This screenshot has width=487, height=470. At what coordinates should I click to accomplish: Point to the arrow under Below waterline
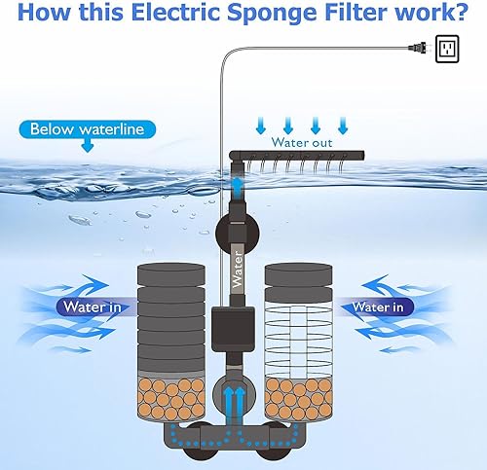point(87,147)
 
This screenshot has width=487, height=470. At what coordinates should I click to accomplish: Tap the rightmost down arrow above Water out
point(342,125)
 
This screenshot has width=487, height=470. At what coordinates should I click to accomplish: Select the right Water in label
point(379,307)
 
